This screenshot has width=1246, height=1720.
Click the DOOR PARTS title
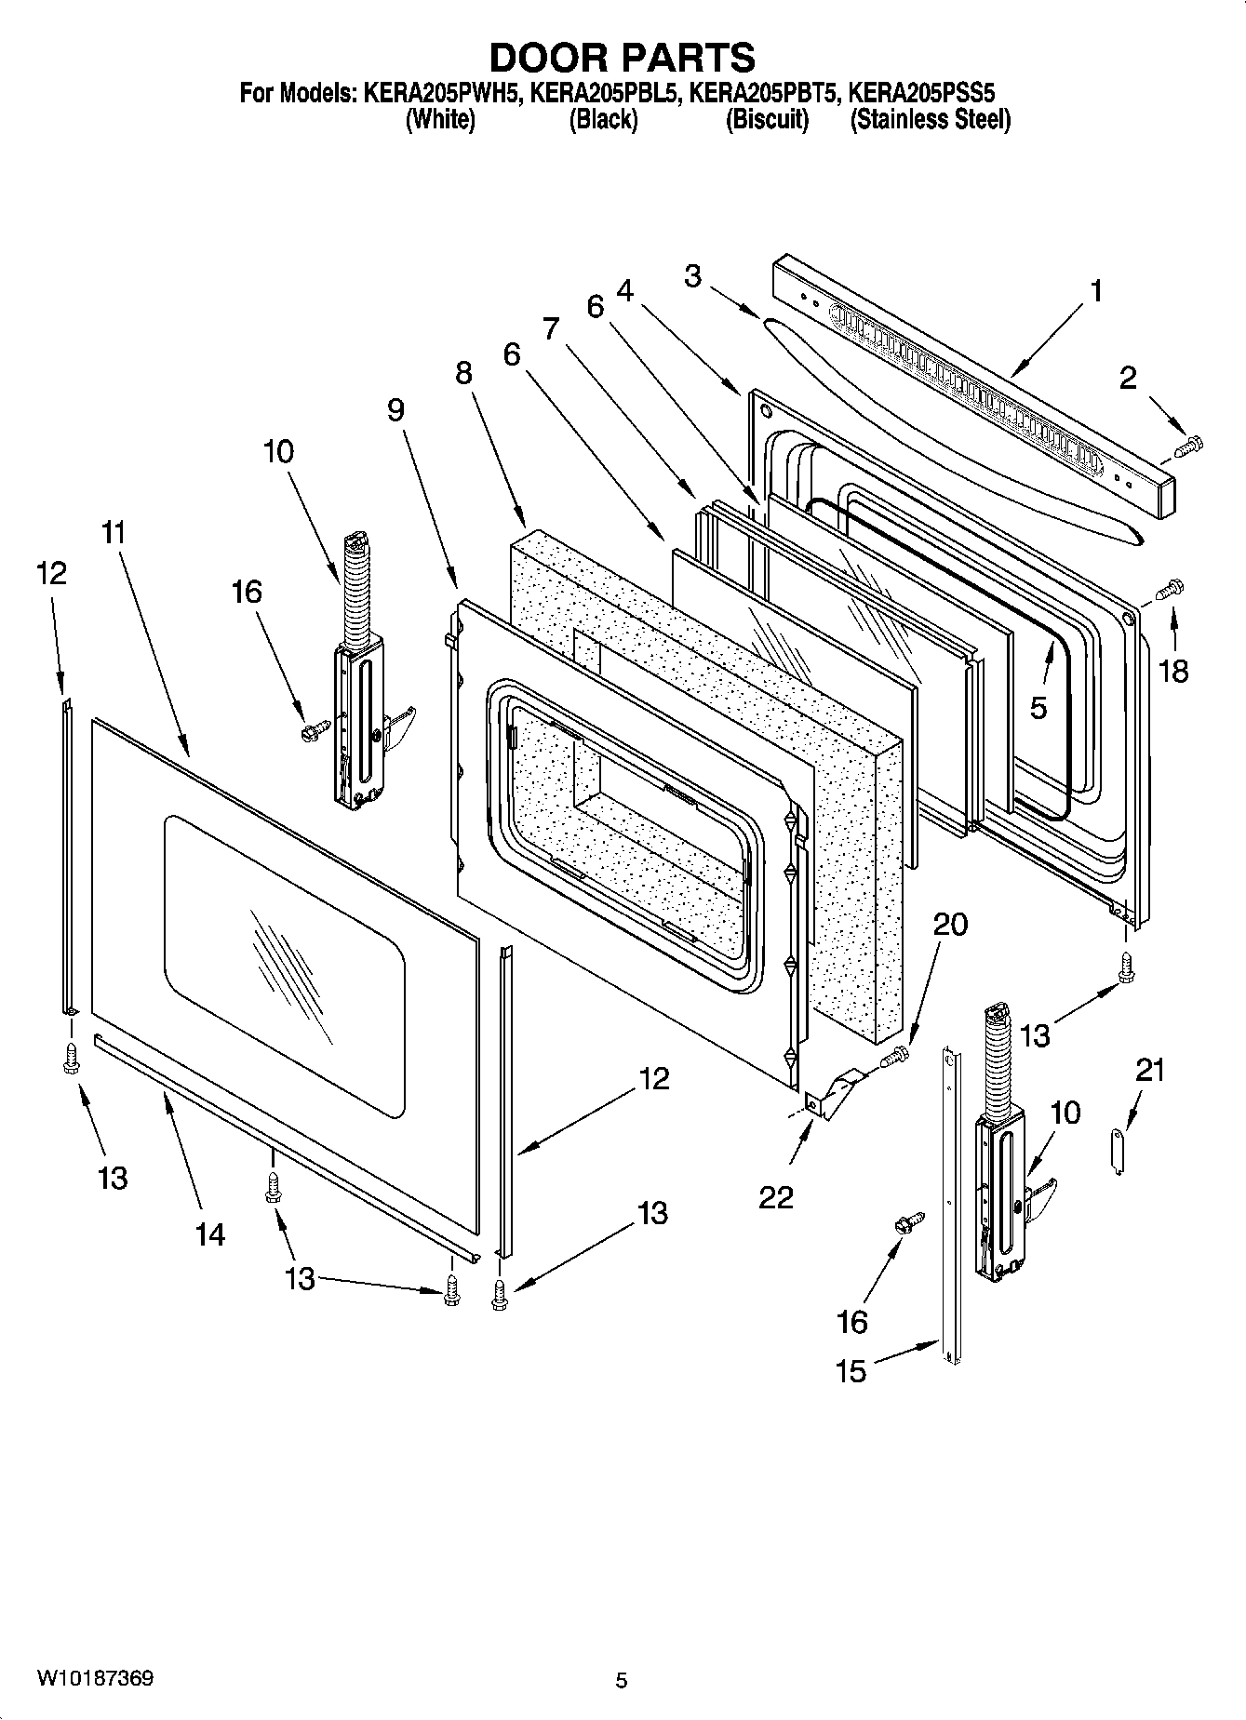click(x=622, y=58)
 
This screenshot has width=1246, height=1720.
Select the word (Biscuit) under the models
click(x=767, y=120)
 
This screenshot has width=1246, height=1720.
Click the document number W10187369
click(x=95, y=1679)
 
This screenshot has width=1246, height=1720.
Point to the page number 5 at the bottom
click(x=622, y=1681)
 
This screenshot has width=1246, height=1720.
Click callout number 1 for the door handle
click(x=1096, y=291)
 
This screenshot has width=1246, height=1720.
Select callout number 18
click(x=1174, y=671)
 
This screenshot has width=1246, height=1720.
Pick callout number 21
click(x=1150, y=1071)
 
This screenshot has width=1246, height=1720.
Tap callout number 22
click(x=776, y=1196)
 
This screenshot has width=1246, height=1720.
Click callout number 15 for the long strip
click(x=851, y=1370)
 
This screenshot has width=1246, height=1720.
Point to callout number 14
click(x=210, y=1234)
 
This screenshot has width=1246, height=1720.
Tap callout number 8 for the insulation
click(x=463, y=373)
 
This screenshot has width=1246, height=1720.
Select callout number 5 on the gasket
click(x=1038, y=707)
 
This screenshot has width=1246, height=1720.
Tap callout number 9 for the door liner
click(x=396, y=409)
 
